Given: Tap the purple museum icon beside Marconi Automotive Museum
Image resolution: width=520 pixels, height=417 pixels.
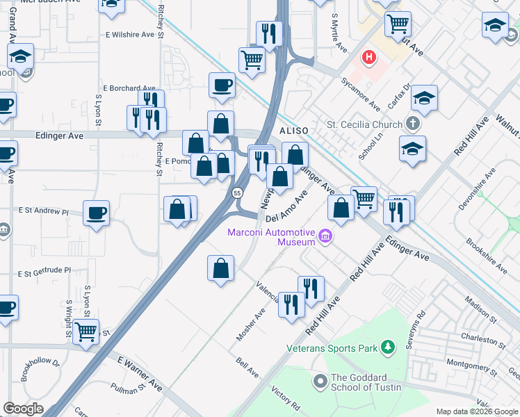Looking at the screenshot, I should pos(324,238).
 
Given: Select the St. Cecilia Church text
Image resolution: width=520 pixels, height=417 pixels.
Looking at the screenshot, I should pos(364,125).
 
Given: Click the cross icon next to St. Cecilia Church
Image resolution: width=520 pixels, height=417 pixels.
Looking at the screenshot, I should pos(414,124).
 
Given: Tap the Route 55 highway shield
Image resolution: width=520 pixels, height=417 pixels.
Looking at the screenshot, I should pos(238,193).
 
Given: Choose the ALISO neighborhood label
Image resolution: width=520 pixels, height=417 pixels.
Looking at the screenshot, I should pos(293,131).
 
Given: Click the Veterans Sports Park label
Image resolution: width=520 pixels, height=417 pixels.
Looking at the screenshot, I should pos(330,347).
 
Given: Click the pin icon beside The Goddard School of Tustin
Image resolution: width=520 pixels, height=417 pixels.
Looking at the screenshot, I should pos(320,382).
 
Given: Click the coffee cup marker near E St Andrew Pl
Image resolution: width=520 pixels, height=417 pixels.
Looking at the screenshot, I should pos(96,212).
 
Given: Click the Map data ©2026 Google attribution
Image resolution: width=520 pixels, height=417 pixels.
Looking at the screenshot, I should pos(477,411).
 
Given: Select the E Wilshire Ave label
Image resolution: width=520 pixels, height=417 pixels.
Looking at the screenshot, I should pos(129,33).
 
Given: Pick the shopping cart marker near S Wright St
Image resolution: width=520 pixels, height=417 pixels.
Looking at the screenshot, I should pos(86,333).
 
